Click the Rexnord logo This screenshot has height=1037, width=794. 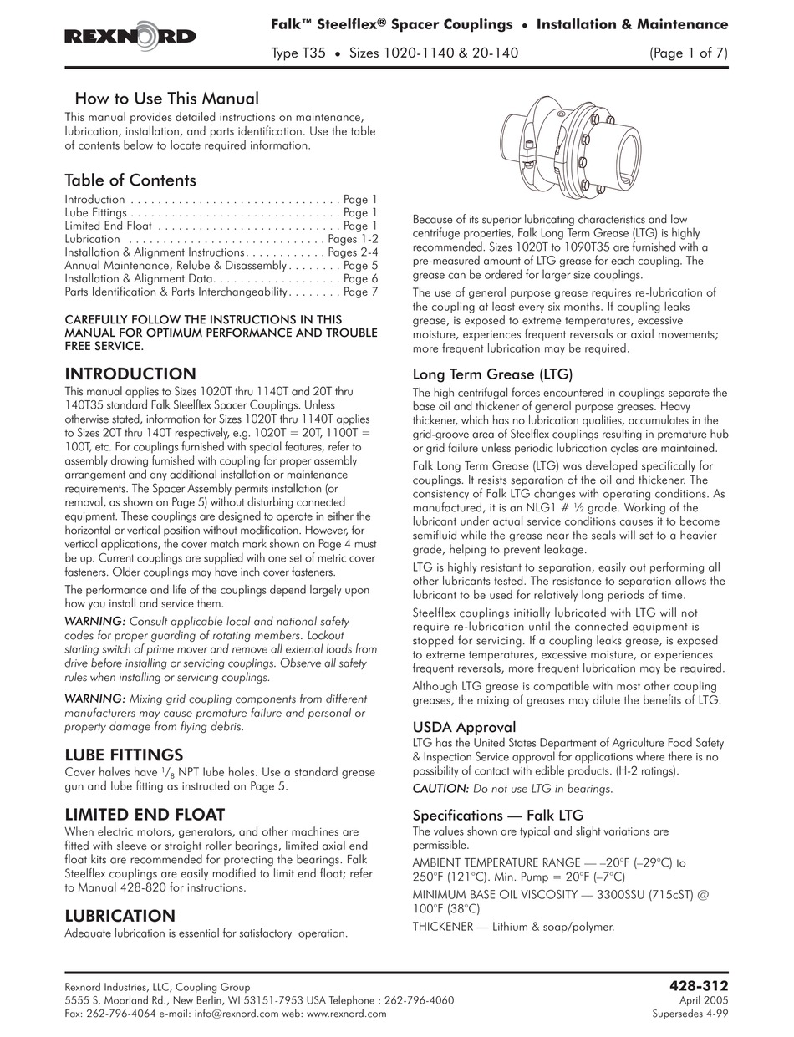pos(130,36)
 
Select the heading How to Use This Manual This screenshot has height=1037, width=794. pos(166,99)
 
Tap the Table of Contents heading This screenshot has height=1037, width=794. pos(130,180)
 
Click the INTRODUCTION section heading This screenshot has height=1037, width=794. pos(130,374)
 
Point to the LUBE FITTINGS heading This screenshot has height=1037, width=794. pos(124,755)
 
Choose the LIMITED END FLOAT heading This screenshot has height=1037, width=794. pos(145,814)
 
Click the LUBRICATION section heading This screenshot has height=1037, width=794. pos(120,916)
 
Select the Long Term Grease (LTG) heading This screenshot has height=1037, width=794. pos(492,374)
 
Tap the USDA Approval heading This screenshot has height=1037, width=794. pos(464,727)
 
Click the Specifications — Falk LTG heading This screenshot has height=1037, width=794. pos(498,815)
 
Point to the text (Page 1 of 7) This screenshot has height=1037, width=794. pos(688,52)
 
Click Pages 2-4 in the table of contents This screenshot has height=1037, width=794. pos(353,252)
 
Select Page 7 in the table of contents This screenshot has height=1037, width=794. pos(360,292)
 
